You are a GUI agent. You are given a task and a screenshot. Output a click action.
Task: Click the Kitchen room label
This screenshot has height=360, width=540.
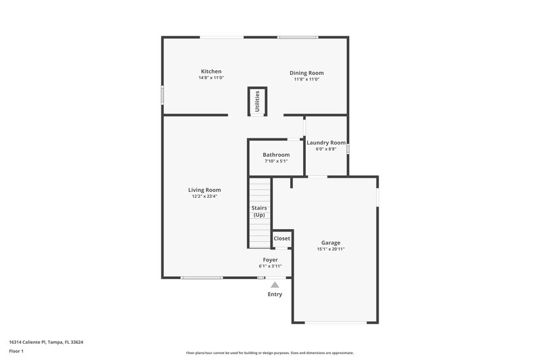211,72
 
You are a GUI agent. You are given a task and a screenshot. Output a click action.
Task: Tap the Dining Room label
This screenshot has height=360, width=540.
306,73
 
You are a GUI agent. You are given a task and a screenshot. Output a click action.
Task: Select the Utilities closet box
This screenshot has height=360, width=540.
257,101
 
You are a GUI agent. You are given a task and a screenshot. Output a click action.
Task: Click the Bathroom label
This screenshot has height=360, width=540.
276,155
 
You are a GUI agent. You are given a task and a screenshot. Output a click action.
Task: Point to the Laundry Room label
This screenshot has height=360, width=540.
326,143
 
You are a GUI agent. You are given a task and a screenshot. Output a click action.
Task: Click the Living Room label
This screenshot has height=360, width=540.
204,190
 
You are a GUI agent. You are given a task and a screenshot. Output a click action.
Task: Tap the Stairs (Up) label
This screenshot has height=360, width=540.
259,211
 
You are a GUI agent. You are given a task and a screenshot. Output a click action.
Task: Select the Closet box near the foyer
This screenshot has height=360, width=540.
281,238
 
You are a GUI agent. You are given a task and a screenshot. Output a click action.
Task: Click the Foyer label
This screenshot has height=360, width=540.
270,259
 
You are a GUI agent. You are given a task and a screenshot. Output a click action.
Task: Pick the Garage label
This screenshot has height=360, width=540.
331,242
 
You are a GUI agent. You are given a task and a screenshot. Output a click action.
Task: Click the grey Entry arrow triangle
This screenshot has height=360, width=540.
275,285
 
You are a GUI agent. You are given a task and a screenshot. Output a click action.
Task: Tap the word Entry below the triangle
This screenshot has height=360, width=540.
275,294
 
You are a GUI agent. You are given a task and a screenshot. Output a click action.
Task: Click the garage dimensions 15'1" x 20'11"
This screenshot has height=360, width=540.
331,249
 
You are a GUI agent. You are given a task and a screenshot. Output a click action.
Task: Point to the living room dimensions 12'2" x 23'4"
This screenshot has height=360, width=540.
204,197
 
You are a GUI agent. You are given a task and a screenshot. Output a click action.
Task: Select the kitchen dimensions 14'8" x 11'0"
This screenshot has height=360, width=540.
211,78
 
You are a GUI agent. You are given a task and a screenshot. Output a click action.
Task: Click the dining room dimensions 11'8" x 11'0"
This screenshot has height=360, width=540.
306,80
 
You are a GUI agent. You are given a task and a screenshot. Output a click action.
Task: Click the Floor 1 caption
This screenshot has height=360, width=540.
16,351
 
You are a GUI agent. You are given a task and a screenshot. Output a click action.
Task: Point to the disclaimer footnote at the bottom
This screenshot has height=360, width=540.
269,353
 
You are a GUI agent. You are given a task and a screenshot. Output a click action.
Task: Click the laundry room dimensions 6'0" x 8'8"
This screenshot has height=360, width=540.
326,149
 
